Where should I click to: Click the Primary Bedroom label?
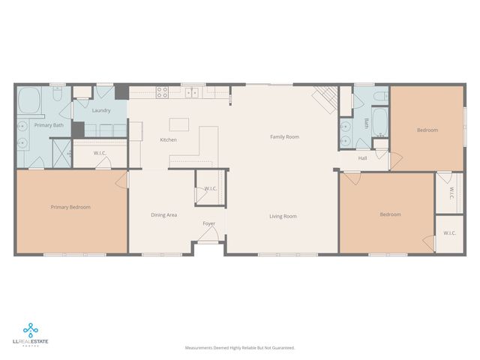pyautogui.click(x=70, y=207)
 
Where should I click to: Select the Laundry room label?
pyautogui.click(x=101, y=111)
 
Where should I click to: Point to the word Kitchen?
pyautogui.click(x=168, y=140)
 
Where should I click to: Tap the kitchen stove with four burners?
pyautogui.click(x=161, y=93)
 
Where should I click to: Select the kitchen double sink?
pyautogui.click(x=193, y=94)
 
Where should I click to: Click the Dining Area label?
pyautogui.click(x=163, y=215)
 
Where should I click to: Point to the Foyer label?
pyautogui.click(x=209, y=223)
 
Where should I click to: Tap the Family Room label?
pyautogui.click(x=284, y=136)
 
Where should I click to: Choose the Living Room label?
pyautogui.click(x=283, y=216)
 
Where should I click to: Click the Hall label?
pyautogui.click(x=362, y=158)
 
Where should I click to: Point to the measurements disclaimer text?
pyautogui.click(x=240, y=348)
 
